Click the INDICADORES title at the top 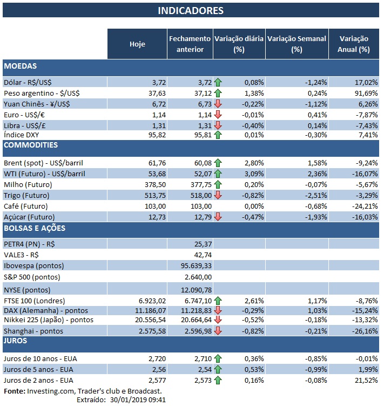[191, 10]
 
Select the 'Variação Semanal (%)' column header [297, 44]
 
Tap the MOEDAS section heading [20, 66]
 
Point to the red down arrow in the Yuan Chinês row [218, 104]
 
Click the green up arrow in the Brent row [218, 162]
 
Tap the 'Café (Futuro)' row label [25, 206]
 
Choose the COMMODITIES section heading [31, 145]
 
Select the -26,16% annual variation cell [362, 330]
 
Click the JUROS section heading [16, 341]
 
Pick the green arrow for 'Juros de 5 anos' [218, 369]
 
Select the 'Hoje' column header [138, 44]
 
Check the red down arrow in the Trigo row [218, 195]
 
